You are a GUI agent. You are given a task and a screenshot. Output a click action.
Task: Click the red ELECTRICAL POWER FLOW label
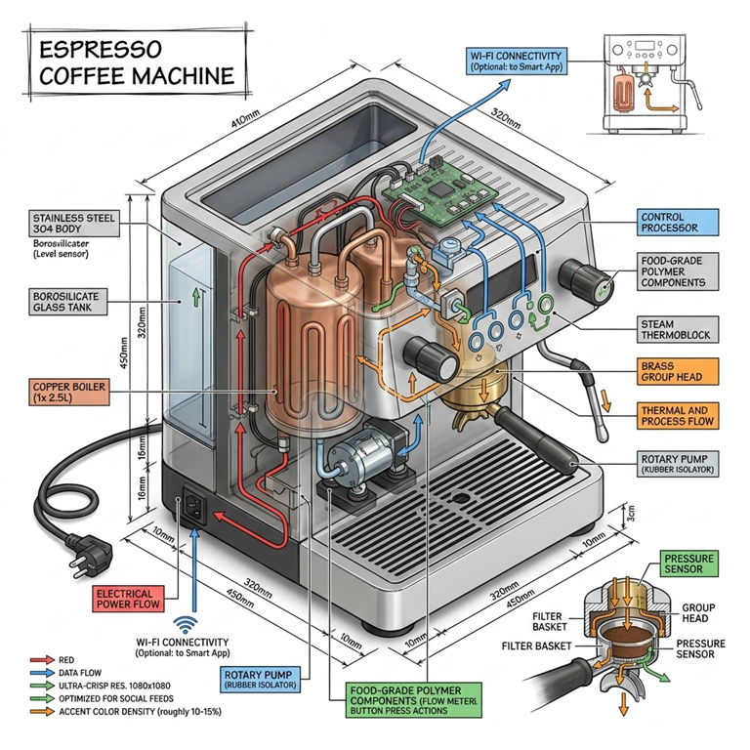click(x=138, y=599)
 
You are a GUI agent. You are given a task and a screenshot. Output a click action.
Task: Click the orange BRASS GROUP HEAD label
click(x=685, y=371)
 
